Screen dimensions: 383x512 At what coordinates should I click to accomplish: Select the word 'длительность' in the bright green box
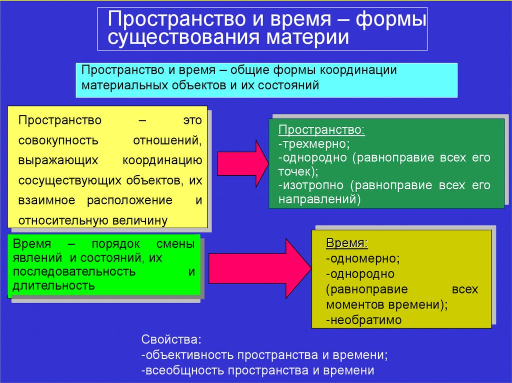[54, 286]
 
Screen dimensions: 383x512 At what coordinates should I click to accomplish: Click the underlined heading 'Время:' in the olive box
[346, 244]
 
